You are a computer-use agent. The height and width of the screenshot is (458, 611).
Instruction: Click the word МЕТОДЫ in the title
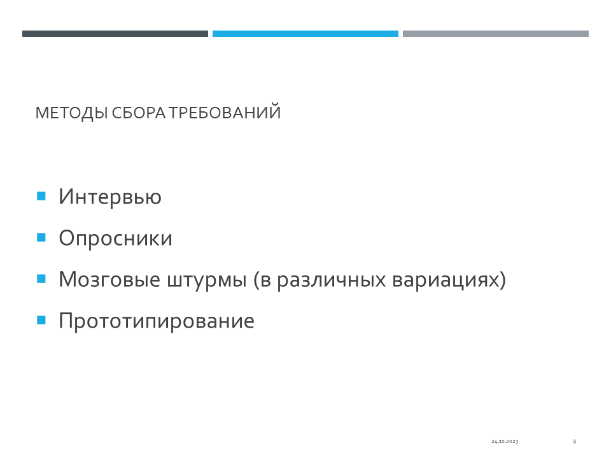pyautogui.click(x=71, y=113)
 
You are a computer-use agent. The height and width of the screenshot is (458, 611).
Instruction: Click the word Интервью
pyautogui.click(x=110, y=197)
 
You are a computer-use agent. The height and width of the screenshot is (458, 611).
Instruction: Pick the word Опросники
pyautogui.click(x=115, y=238)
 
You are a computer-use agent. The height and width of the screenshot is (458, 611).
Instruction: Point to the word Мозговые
pyautogui.click(x=109, y=280)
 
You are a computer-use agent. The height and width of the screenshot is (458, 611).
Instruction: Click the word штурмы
pyautogui.click(x=207, y=280)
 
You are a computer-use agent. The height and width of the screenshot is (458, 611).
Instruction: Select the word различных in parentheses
pyautogui.click(x=331, y=280)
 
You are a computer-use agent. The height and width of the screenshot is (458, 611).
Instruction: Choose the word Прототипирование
pyautogui.click(x=157, y=321)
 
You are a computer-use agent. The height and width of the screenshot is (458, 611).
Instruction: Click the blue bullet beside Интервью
pyautogui.click(x=41, y=196)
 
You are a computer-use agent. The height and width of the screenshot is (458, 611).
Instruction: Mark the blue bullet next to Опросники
pyautogui.click(x=41, y=237)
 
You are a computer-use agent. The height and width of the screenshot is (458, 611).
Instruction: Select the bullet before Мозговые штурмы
pyautogui.click(x=41, y=279)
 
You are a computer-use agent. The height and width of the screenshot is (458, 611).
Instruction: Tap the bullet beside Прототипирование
pyautogui.click(x=41, y=320)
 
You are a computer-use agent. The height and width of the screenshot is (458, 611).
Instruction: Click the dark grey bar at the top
pyautogui.click(x=115, y=34)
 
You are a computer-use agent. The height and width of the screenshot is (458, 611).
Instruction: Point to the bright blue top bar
pyautogui.click(x=305, y=34)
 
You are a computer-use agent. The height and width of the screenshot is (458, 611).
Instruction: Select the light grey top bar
pyautogui.click(x=496, y=34)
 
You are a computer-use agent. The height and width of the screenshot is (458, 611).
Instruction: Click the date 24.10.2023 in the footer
pyautogui.click(x=505, y=441)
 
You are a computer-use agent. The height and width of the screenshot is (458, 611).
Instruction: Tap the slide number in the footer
pyautogui.click(x=574, y=441)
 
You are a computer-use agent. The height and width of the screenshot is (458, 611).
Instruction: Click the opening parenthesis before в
pyautogui.click(x=256, y=280)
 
